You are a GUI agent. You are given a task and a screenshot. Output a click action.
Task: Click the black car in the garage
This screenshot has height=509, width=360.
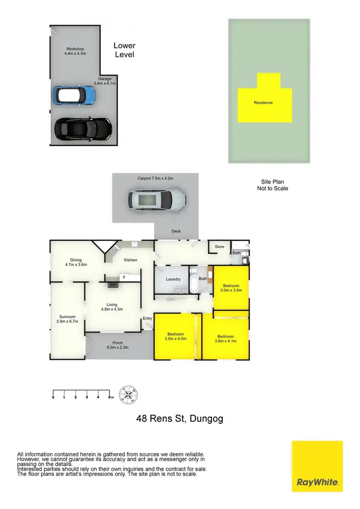pos(83,128)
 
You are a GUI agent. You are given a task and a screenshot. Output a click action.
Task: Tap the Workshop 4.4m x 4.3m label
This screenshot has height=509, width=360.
pos(74,51)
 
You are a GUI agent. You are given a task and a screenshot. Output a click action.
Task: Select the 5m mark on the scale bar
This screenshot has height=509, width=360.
pos(110,397)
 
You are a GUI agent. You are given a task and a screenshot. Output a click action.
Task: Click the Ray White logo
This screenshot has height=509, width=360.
pos(317,466)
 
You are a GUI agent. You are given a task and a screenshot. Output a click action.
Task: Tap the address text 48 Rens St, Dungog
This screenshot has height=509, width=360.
pos(180,419)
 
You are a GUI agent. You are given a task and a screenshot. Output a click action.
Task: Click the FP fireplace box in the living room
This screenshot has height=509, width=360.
pos(113,285)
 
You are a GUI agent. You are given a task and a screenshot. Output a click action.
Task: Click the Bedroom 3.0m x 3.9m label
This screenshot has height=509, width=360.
pos(230,287)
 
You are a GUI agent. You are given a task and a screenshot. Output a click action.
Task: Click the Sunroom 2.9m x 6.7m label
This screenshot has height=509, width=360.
pos(67,318)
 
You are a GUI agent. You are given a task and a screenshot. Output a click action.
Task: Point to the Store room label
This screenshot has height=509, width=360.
pos(219,247)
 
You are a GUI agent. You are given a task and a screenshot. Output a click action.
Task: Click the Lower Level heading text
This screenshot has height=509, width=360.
pos(124,50)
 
